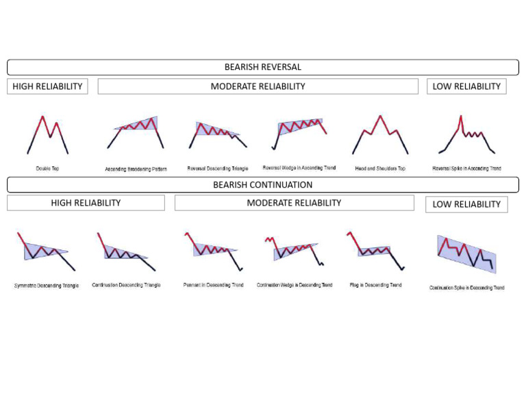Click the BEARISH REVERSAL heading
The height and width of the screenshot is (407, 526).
(x=263, y=67)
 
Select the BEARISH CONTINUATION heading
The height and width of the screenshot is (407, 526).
(x=263, y=185)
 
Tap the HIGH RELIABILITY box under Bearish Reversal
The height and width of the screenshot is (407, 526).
(x=47, y=86)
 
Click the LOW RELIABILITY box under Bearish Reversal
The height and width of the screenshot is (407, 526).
(x=466, y=86)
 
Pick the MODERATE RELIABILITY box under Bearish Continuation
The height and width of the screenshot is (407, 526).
(x=294, y=203)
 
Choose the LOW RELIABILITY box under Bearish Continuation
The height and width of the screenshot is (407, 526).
(x=466, y=204)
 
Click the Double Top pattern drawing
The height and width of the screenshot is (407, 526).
(x=47, y=134)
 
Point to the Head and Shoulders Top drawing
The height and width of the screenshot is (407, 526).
(x=380, y=134)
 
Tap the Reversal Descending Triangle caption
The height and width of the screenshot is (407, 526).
(x=218, y=169)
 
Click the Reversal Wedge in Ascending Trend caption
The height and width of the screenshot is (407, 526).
(x=299, y=168)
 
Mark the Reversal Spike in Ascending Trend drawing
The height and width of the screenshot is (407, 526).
(x=466, y=135)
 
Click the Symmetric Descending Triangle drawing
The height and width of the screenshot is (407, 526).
(x=46, y=251)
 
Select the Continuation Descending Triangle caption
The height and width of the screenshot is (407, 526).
(x=126, y=285)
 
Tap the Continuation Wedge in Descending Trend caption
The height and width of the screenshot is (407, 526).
(x=295, y=285)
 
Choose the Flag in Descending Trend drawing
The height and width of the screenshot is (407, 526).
(x=375, y=250)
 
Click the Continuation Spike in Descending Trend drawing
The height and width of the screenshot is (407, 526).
(x=466, y=254)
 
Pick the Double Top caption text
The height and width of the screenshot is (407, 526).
(x=47, y=169)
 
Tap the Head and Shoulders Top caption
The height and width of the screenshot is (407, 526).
(x=380, y=169)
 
